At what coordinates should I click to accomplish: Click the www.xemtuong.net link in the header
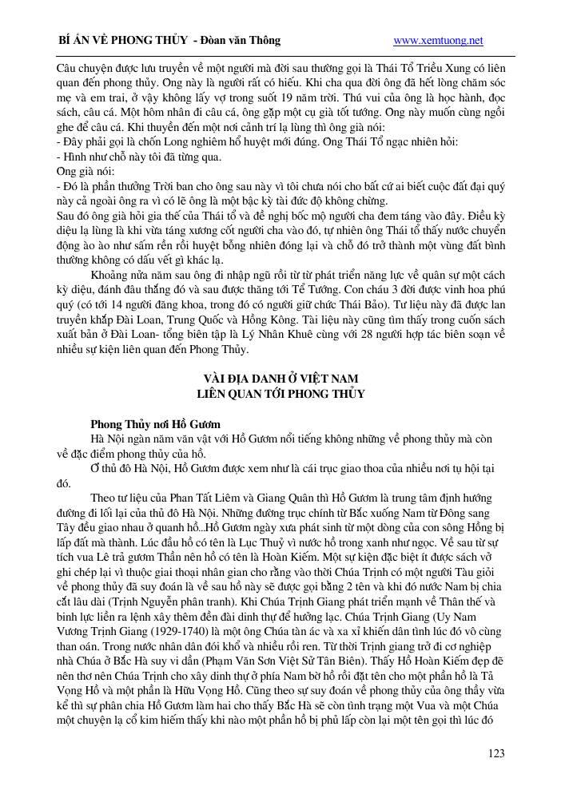(439, 40)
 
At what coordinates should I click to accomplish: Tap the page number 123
(496, 752)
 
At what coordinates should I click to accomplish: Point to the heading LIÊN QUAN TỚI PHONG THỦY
(280, 393)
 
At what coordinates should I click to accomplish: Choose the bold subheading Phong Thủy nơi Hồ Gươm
(155, 423)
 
